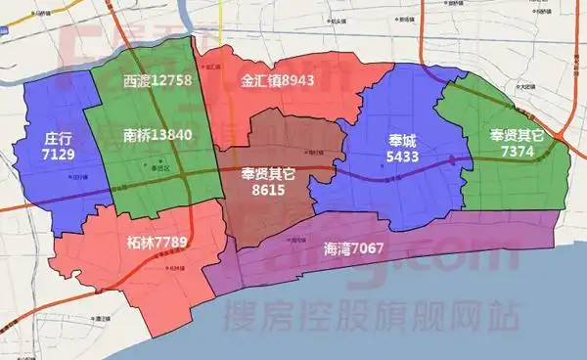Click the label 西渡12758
click(x=158, y=78)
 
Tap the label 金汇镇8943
click(x=277, y=79)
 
